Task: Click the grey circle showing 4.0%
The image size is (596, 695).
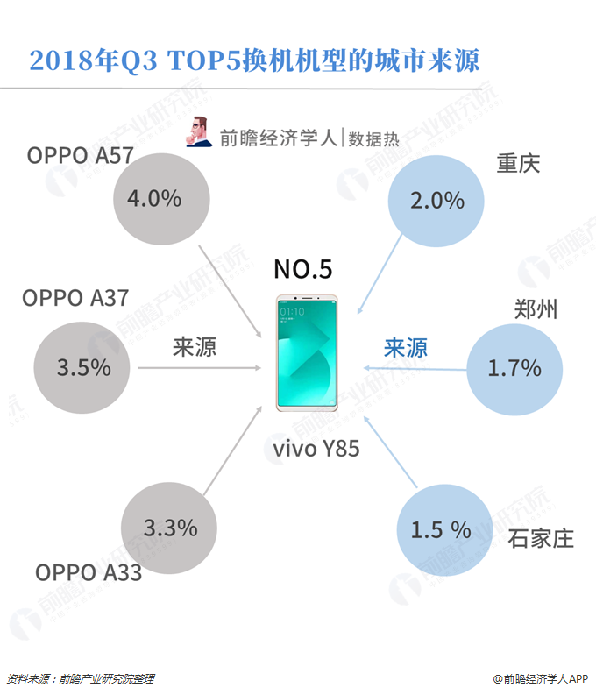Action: tap(162, 198)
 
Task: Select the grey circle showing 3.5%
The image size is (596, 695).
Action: tap(84, 366)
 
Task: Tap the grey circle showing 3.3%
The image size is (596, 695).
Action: tap(170, 528)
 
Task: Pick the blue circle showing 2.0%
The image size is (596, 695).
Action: tap(436, 200)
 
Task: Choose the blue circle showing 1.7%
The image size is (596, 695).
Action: tap(514, 367)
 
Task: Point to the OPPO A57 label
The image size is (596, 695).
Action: tap(80, 156)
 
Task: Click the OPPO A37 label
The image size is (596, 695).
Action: tap(75, 298)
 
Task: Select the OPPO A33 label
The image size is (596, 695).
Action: tap(89, 572)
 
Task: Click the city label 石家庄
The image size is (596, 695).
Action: tap(541, 537)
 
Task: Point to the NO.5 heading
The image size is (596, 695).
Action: tap(303, 269)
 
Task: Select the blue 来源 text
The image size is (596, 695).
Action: tap(406, 348)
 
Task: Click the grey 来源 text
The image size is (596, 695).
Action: tap(194, 347)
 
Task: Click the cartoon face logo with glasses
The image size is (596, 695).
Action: tap(199, 132)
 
